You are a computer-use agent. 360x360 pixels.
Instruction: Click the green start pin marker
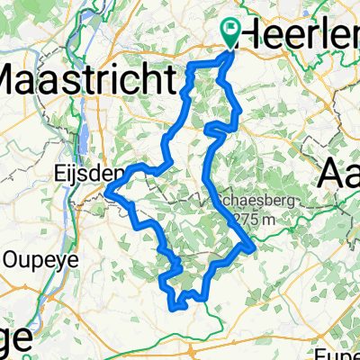(x=230, y=34)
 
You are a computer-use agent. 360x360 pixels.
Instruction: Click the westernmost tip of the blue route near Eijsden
(x=106, y=189)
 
